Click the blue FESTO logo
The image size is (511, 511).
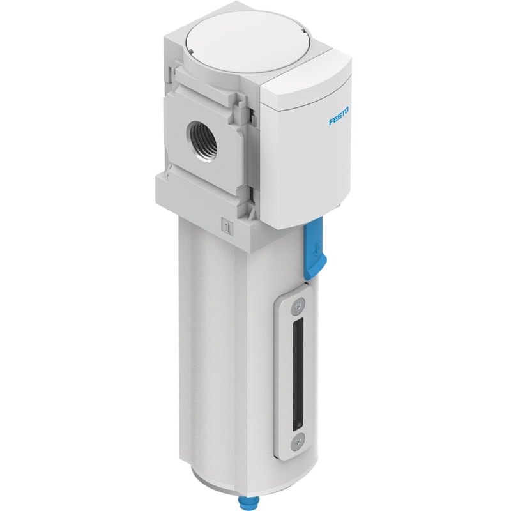click(339, 116)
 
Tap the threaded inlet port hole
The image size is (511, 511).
click(199, 135)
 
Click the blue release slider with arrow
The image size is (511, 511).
click(314, 249)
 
